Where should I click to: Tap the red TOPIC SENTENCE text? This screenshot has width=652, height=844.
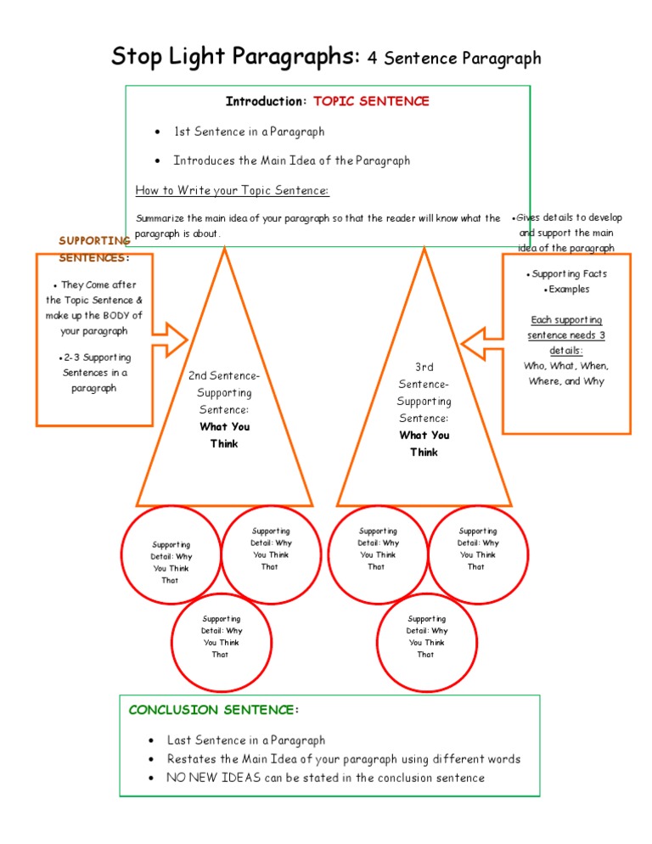click(371, 102)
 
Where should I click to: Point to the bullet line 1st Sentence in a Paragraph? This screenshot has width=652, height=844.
click(249, 132)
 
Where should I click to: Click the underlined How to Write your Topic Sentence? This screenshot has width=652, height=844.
click(232, 189)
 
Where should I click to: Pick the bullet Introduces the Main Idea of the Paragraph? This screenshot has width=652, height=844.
click(291, 160)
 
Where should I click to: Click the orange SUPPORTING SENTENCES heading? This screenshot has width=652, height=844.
click(93, 249)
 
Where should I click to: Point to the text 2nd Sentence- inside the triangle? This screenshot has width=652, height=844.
click(224, 376)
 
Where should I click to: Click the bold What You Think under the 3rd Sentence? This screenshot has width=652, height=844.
click(424, 443)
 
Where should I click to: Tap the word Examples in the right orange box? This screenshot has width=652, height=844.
click(569, 290)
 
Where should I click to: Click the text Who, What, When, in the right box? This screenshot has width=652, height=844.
click(566, 366)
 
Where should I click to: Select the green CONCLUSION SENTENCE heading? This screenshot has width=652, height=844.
click(213, 710)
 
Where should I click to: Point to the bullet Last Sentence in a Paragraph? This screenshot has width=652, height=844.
click(245, 740)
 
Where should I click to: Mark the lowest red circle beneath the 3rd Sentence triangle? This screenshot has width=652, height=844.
click(426, 637)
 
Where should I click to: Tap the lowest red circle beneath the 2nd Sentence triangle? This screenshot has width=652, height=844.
click(221, 637)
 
